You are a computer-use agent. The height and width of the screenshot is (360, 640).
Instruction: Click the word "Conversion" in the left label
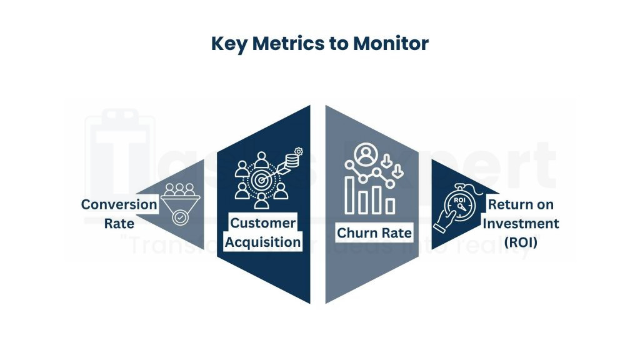[x=119, y=204]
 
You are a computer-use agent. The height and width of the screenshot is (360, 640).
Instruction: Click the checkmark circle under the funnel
[x=180, y=217]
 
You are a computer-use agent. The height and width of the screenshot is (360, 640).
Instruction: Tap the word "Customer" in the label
[x=262, y=223]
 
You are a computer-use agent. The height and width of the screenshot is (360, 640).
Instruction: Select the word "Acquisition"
[x=262, y=242]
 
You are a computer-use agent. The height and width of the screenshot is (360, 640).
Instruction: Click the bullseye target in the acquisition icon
[x=262, y=180]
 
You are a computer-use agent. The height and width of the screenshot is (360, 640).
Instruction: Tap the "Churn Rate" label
[x=374, y=233]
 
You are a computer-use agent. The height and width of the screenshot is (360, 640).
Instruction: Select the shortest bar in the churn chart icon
[x=390, y=206]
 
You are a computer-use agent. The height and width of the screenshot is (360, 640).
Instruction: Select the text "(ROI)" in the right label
[x=520, y=242]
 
